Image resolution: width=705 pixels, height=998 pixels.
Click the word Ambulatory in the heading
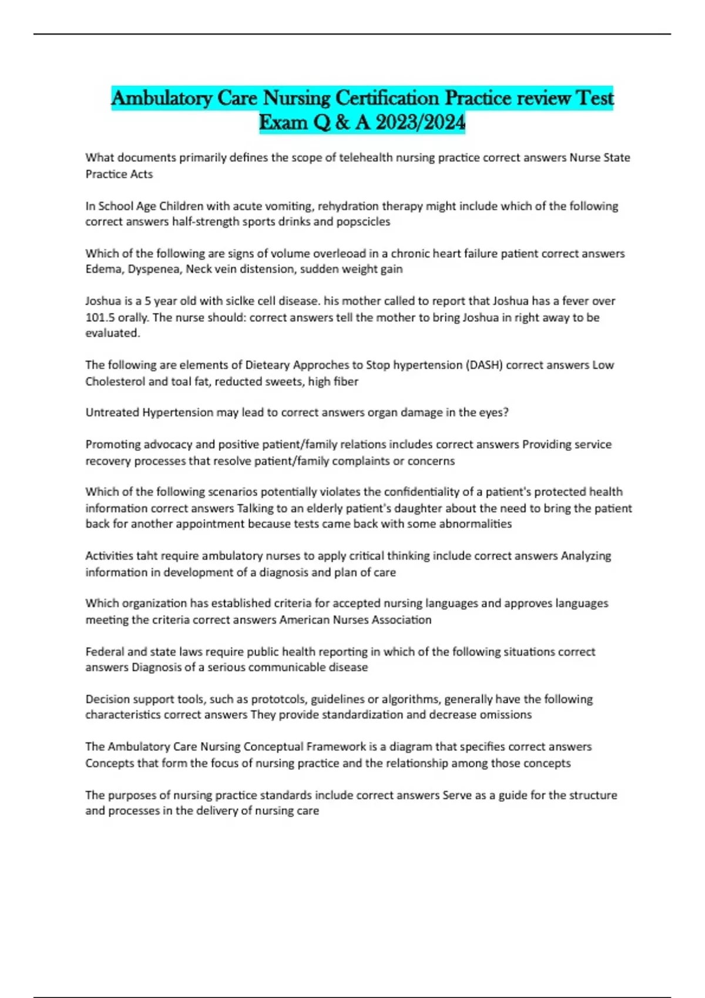tap(162, 97)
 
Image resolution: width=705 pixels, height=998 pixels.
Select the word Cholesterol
tap(115, 382)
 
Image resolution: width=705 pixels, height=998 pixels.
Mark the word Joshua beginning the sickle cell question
tap(103, 301)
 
